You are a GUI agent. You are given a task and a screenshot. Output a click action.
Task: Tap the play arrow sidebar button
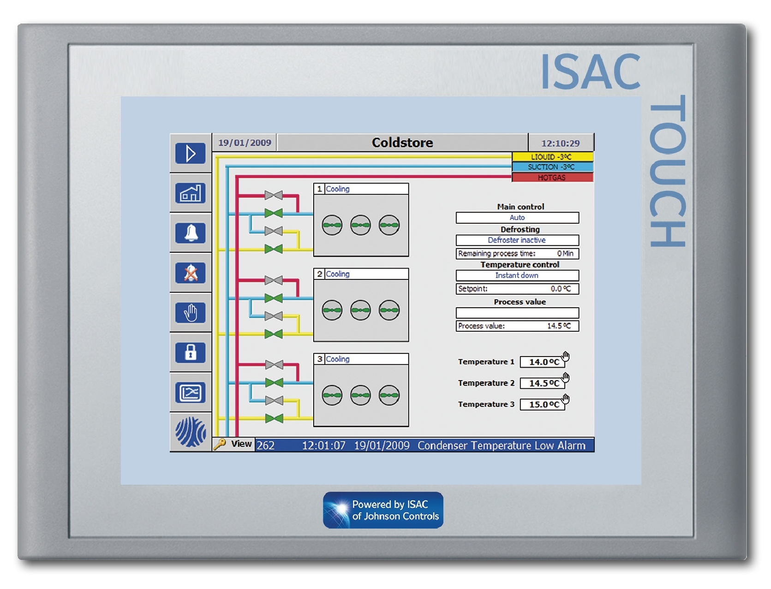tap(190, 154)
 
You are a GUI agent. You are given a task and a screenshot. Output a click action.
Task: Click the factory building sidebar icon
tap(190, 193)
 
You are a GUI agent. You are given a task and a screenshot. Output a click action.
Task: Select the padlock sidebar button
tap(190, 353)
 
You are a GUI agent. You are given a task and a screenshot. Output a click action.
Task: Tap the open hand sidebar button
tap(190, 313)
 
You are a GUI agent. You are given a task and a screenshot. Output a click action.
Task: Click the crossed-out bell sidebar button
tap(190, 273)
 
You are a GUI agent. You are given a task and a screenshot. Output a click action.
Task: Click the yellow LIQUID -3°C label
tap(552, 157)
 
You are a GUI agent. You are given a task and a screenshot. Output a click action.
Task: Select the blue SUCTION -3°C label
tap(552, 167)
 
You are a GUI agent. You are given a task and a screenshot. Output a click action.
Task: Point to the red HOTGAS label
tap(552, 178)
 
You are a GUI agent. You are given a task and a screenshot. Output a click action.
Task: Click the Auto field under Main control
tap(517, 218)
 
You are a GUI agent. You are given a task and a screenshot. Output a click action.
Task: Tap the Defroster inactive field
tap(517, 240)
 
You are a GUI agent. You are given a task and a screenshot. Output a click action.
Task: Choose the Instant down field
tap(517, 275)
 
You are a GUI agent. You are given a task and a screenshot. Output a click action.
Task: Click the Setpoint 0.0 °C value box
tap(517, 289)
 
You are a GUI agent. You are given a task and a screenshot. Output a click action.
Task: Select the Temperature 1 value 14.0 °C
tap(543, 362)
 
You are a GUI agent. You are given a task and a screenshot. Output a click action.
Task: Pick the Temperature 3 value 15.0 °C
tap(543, 405)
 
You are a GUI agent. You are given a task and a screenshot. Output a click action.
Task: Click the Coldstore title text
tap(402, 143)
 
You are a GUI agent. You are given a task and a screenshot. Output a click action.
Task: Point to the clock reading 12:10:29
tap(560, 143)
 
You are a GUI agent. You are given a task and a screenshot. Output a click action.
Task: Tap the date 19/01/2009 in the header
tap(245, 143)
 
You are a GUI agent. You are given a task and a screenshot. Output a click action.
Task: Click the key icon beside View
tap(220, 444)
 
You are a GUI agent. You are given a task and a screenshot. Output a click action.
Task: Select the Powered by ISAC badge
tap(383, 510)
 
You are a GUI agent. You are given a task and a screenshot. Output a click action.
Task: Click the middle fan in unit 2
tap(360, 310)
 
